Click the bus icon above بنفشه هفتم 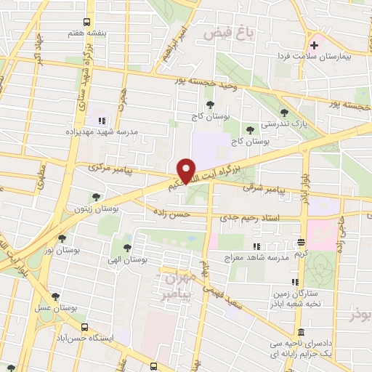click(x=86, y=22)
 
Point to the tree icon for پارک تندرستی click(x=283, y=113)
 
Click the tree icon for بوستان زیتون click(x=96, y=197)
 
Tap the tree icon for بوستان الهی click(x=127, y=238)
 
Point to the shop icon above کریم click(x=300, y=242)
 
